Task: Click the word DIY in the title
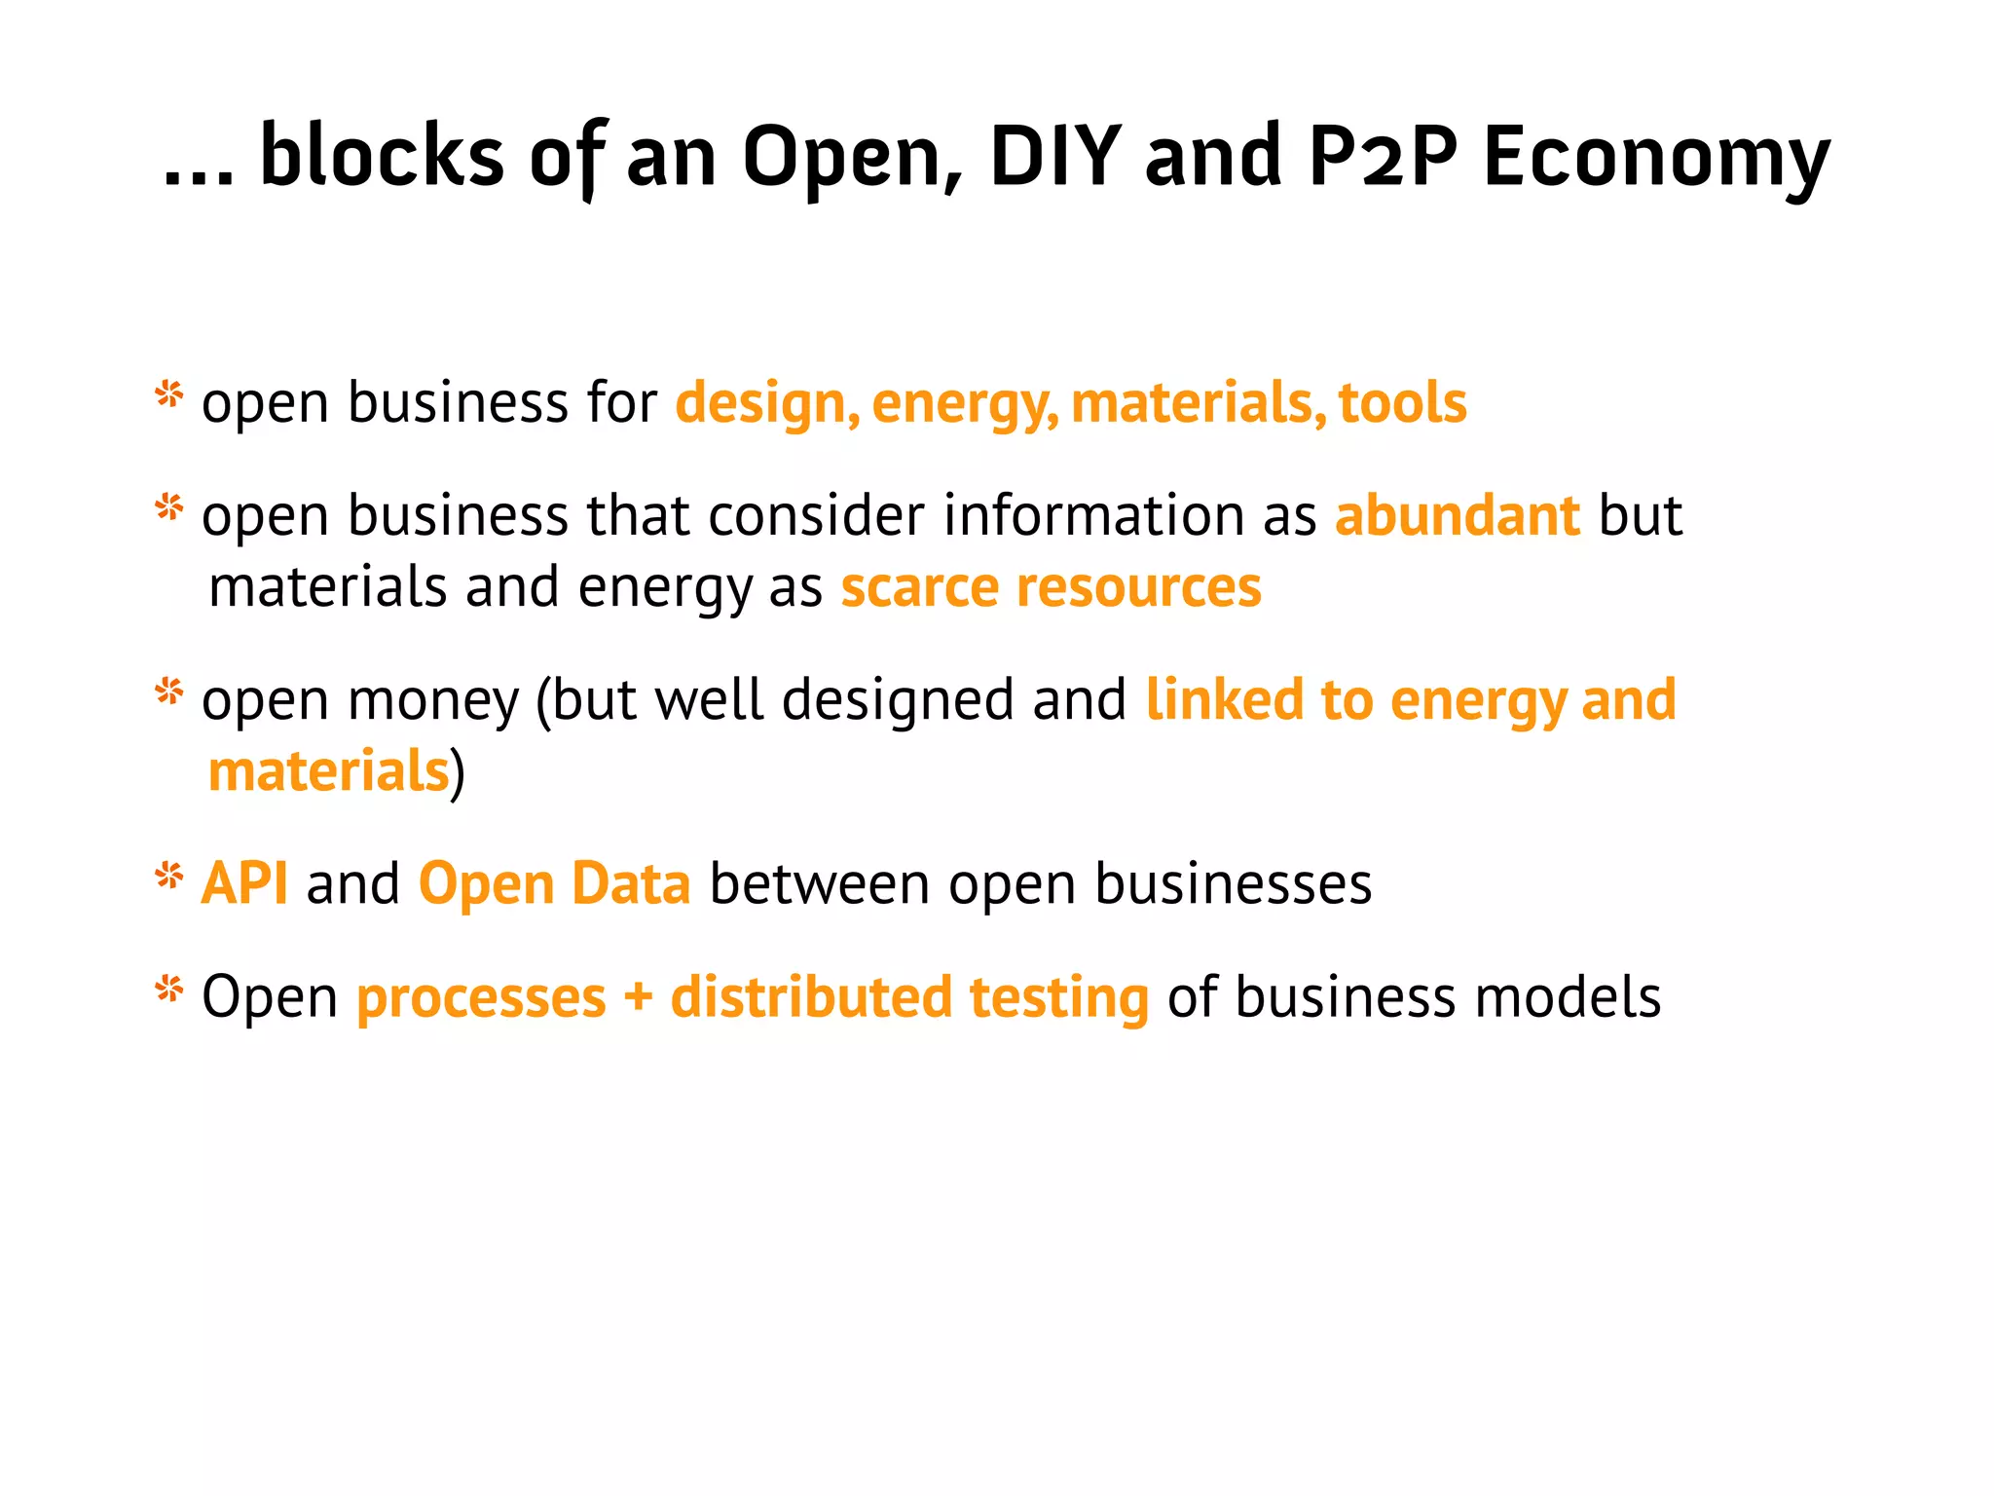[x=1055, y=156]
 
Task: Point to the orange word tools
[x=1402, y=402]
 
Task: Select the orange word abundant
[x=1457, y=515]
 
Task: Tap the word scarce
[x=919, y=587]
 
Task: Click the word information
[x=1093, y=515]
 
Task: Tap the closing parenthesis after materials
[x=458, y=773]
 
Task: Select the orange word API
[x=244, y=883]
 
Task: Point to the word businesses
[x=1233, y=883]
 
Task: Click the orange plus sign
[x=638, y=997]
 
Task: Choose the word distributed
[x=811, y=996]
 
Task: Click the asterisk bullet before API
[x=169, y=877]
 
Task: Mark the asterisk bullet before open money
[x=169, y=692]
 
